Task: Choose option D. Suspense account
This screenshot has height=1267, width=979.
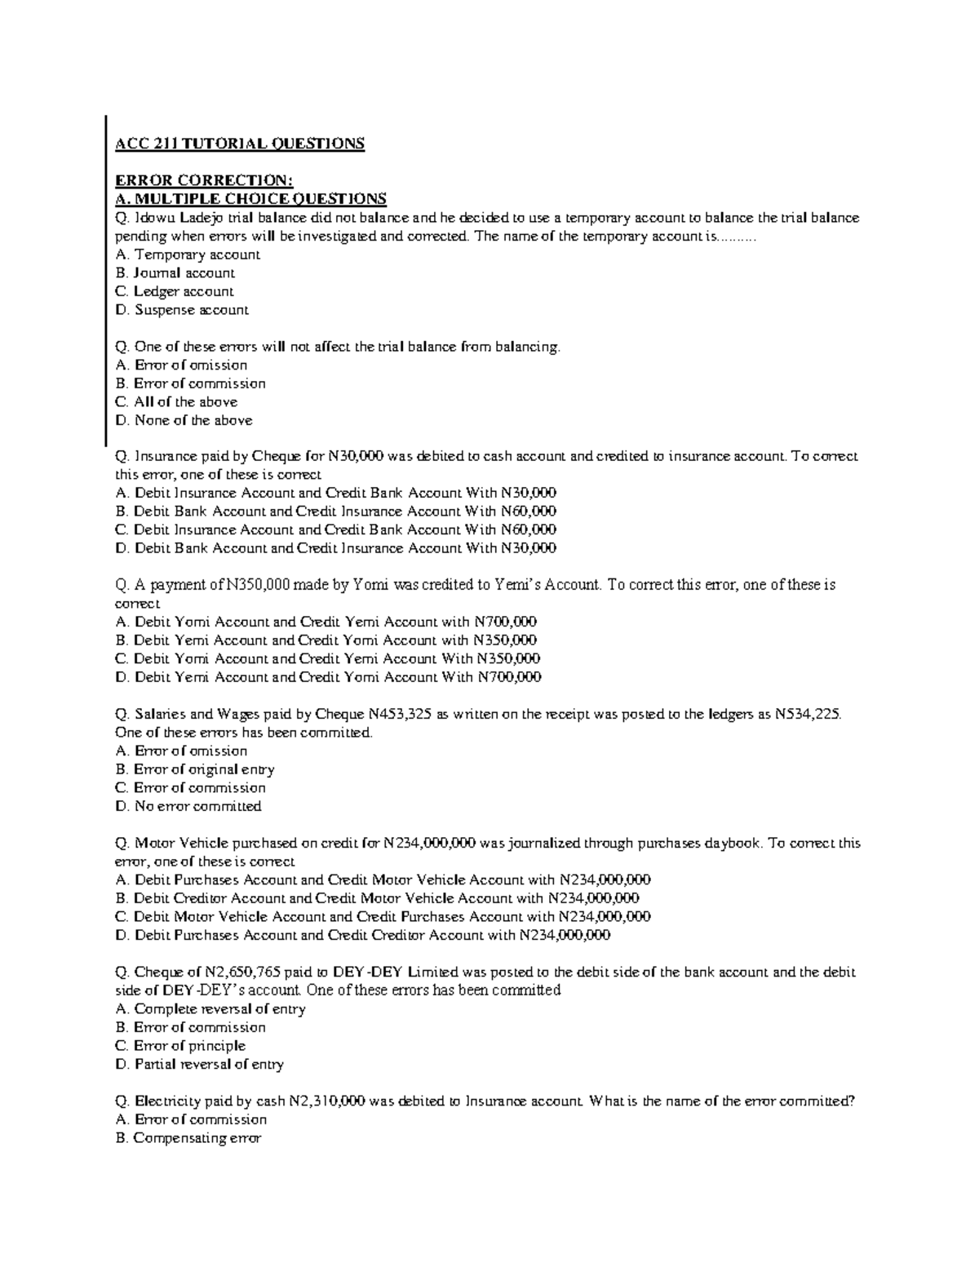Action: (182, 310)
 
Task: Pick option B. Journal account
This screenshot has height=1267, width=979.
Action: (175, 273)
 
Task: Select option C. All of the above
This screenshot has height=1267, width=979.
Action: (177, 402)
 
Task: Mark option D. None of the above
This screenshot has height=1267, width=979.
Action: (184, 421)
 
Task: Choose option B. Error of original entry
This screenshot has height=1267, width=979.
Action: (195, 769)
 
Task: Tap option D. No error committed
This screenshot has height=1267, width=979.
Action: (188, 807)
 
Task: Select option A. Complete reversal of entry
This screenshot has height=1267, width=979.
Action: (210, 1009)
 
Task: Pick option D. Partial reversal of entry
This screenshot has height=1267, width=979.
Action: (200, 1065)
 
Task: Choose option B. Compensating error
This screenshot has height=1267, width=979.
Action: (188, 1138)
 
